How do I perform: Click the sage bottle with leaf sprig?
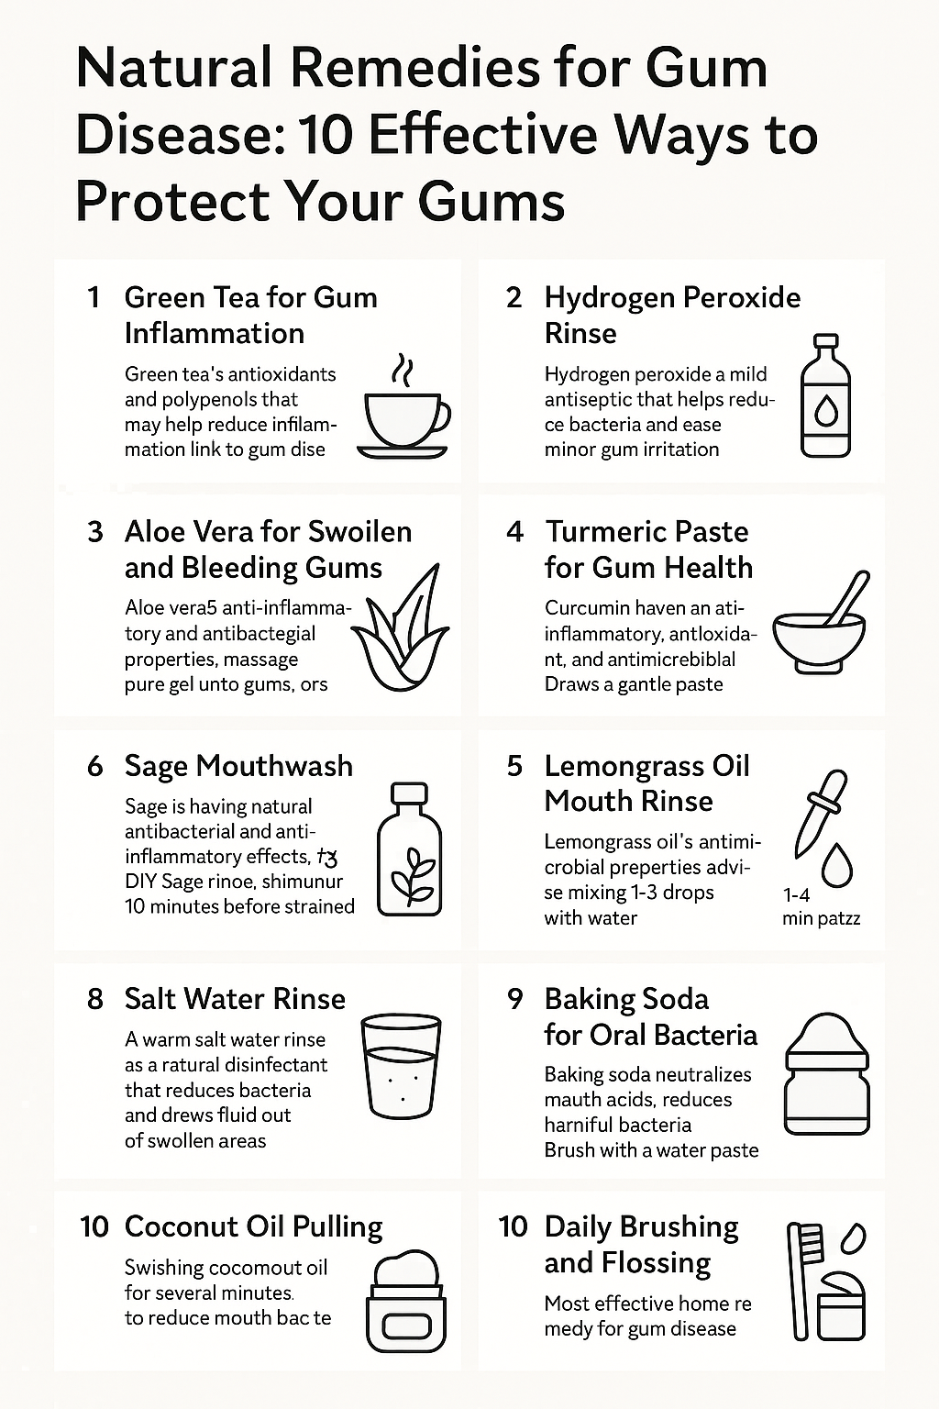pos(410,849)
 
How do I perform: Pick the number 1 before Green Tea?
pos(93,297)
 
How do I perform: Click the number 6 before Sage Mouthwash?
pos(95,766)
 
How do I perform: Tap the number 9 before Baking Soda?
pos(515,999)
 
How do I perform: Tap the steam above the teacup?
pos(402,369)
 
